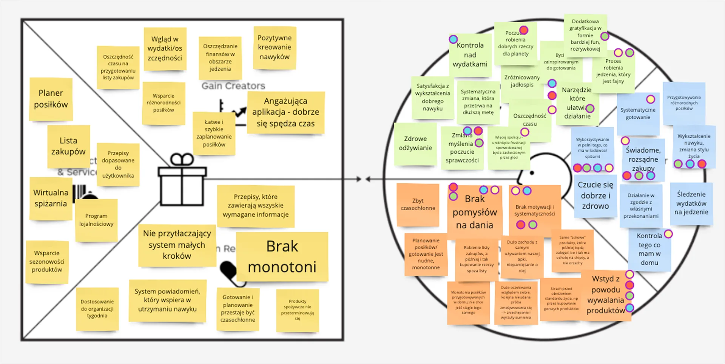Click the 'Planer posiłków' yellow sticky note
coord(51,99)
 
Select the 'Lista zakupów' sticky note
coord(68,146)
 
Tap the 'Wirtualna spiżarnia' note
coord(51,198)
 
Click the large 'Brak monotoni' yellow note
coord(282,257)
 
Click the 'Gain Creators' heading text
coord(233,86)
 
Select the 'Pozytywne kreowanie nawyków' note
coord(275,48)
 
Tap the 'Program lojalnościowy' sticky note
coord(96,220)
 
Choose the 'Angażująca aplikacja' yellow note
coord(285,112)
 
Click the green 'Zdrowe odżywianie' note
coord(415,143)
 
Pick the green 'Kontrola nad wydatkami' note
coord(470,55)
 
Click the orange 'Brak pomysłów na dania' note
coord(475,212)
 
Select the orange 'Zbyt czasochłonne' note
coord(418,205)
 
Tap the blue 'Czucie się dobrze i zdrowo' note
coord(595,196)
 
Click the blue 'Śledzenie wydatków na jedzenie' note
coord(691,204)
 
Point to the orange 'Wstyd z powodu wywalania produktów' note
coord(605,295)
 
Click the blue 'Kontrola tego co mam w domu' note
coord(649,249)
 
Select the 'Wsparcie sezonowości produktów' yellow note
coord(47,261)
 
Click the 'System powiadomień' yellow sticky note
coord(167,300)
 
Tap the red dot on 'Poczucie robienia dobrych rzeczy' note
coord(523,30)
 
